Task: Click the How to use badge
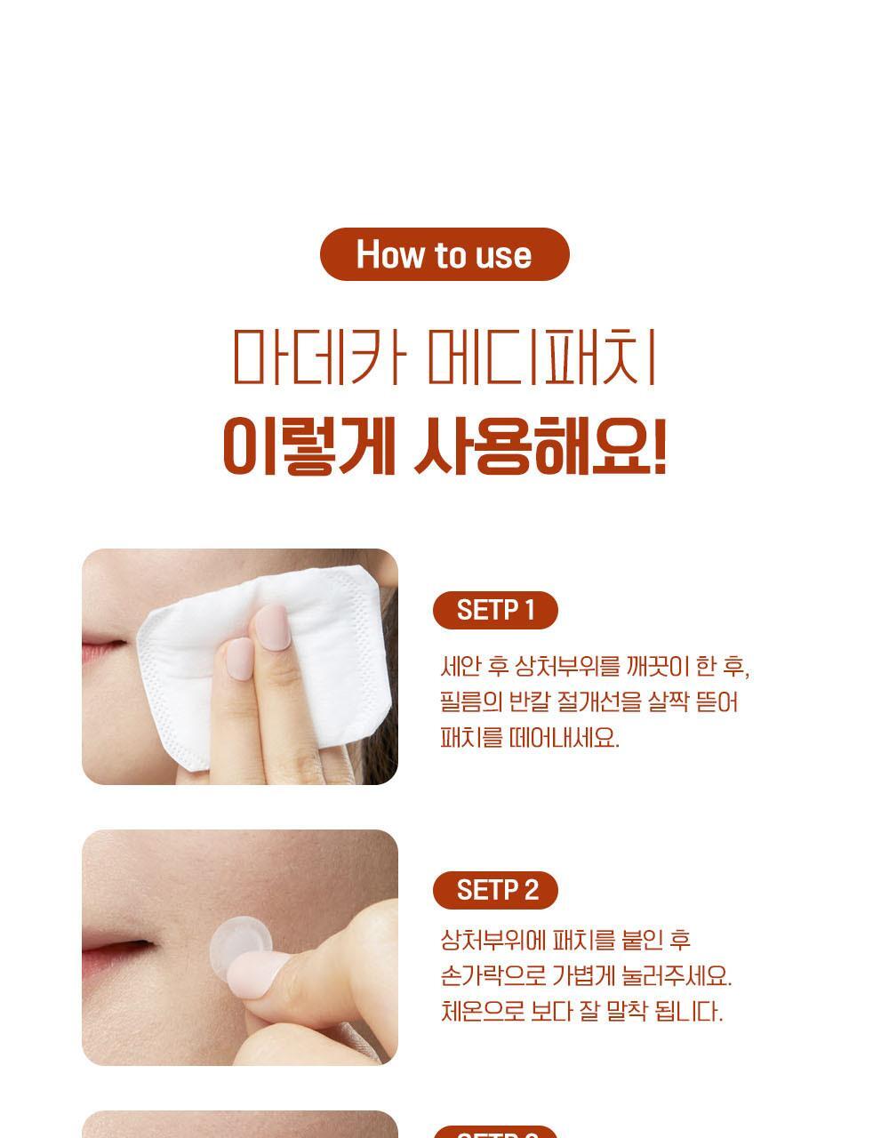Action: tap(444, 254)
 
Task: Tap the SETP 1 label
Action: tap(495, 610)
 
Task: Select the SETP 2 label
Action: tap(495, 890)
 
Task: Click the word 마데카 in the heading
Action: tap(320, 357)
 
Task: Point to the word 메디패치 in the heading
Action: tap(542, 357)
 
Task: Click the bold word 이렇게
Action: tap(308, 446)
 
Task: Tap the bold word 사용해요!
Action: tap(541, 446)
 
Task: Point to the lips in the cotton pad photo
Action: tap(105, 648)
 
